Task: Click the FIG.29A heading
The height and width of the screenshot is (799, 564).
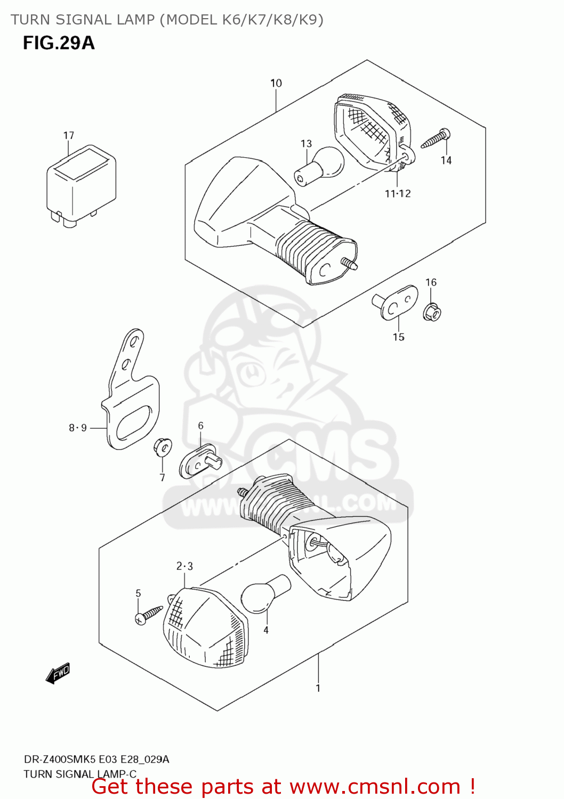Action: point(59,43)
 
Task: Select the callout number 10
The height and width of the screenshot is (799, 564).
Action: point(276,83)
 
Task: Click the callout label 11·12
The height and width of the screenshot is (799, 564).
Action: point(398,194)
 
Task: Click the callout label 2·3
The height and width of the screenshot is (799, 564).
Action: point(184,566)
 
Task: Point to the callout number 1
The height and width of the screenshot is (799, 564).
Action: point(318,688)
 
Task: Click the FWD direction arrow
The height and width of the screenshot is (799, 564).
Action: point(58,673)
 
